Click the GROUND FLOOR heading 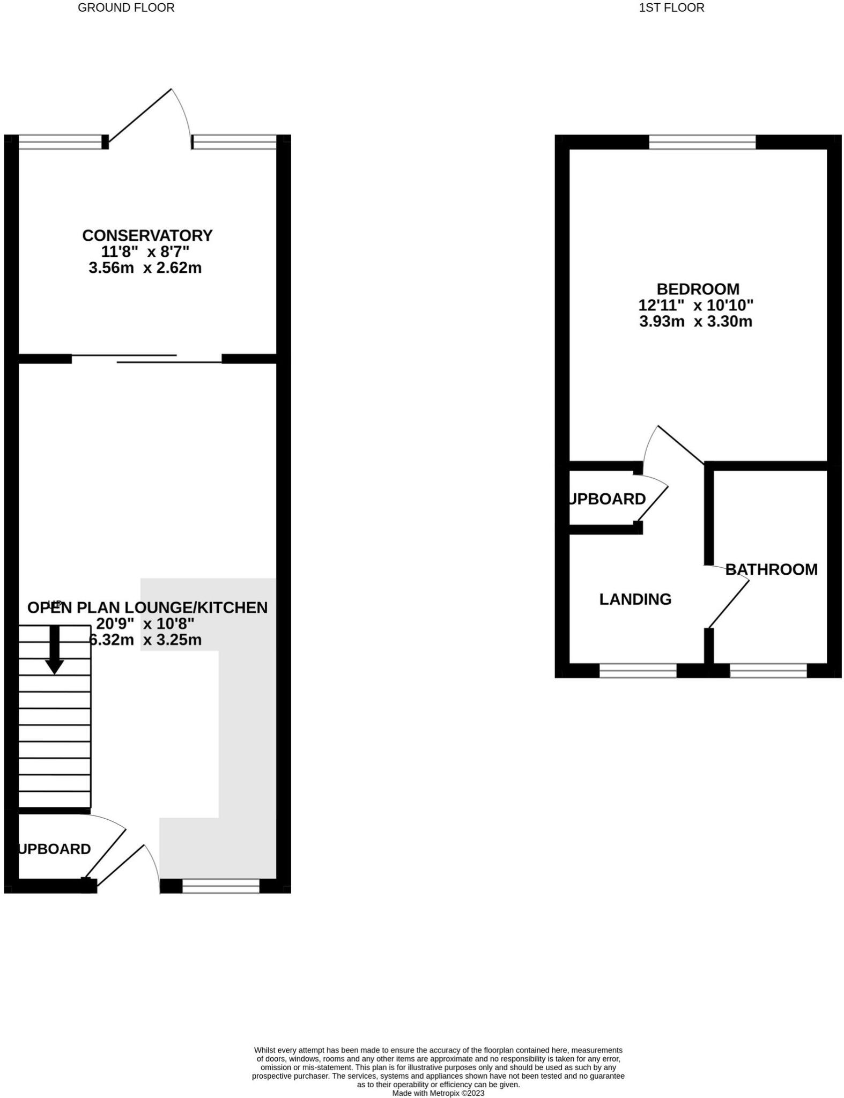click(126, 8)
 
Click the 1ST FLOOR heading click(671, 8)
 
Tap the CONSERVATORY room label click(147, 235)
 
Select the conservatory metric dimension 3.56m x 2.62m click(145, 268)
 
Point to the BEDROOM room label click(698, 289)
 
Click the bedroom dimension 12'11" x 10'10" click(695, 305)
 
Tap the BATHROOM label click(771, 569)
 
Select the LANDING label click(635, 599)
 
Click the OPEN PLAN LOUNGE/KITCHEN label click(147, 607)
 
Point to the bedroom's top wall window click(702, 142)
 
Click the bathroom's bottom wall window click(768, 671)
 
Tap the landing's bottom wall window click(638, 671)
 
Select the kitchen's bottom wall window click(221, 886)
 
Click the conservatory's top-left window click(60, 142)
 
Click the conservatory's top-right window click(234, 142)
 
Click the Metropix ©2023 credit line click(438, 1093)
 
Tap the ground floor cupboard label click(55, 849)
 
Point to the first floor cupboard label click(608, 499)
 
